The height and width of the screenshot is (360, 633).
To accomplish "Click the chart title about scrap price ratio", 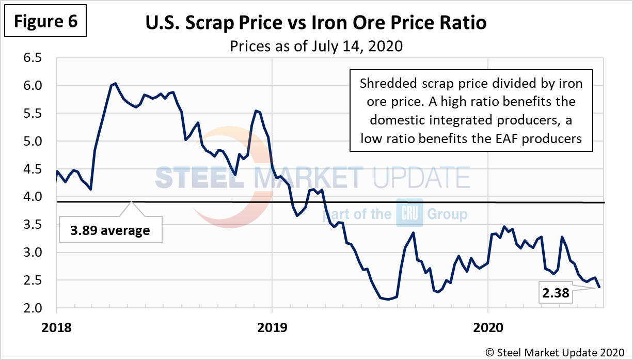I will click(x=316, y=24).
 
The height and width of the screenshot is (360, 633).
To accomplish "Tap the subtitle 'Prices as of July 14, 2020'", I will click(x=316, y=46).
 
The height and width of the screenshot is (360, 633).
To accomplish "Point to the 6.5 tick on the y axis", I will click(x=36, y=58).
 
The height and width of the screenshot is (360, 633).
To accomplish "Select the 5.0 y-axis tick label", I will click(x=36, y=142).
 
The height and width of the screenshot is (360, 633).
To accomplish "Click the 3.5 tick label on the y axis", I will click(x=36, y=225).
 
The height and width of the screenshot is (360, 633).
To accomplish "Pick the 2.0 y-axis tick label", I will click(x=36, y=308).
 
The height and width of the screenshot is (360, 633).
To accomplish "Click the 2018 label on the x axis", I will click(x=56, y=327).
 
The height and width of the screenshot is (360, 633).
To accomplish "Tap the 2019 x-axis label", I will click(x=272, y=327).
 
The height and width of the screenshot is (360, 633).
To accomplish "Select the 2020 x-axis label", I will click(x=488, y=327).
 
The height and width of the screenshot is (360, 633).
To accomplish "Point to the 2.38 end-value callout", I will click(x=556, y=294).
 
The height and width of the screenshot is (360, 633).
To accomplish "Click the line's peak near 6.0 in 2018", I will click(x=115, y=83).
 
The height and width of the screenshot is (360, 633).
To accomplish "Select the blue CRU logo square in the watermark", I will click(x=409, y=213).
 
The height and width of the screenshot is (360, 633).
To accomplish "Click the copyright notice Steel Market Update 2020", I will click(x=555, y=352).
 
